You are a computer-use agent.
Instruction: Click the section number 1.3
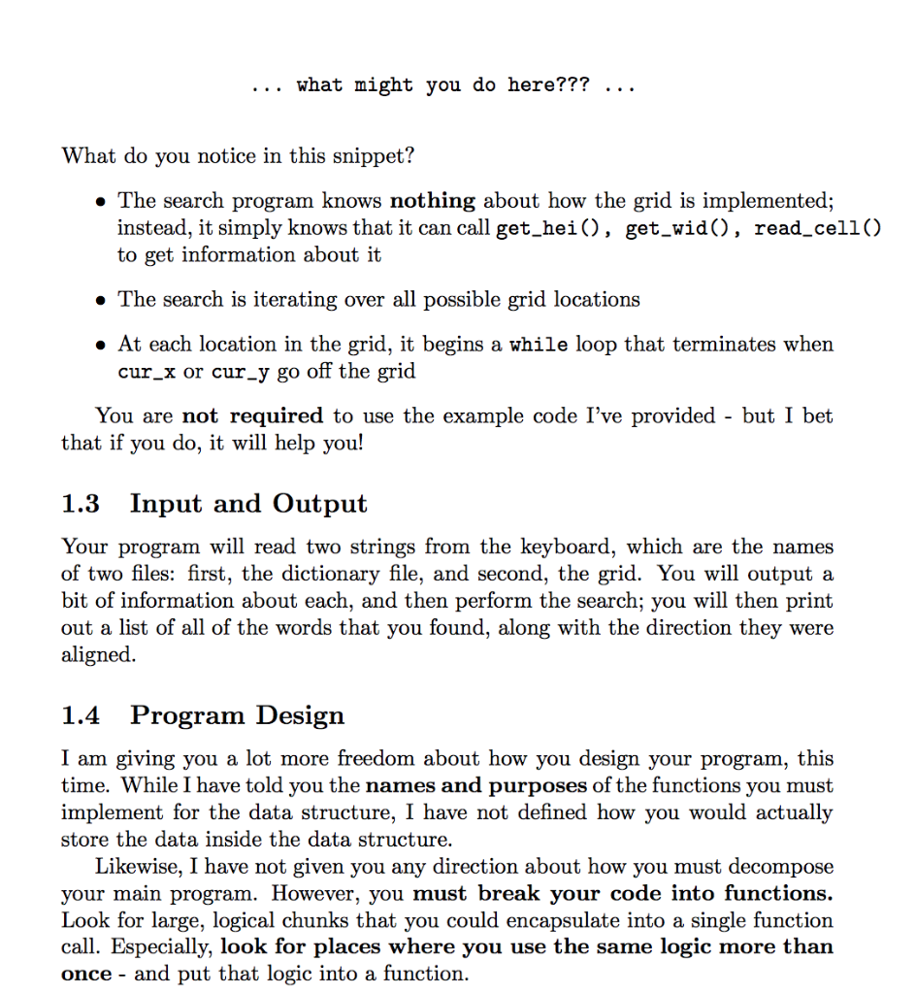pos(81,504)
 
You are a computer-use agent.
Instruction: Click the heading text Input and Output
pos(248,504)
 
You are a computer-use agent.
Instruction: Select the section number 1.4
pos(81,715)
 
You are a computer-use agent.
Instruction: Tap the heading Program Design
pos(237,715)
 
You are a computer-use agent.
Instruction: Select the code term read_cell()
pos(818,228)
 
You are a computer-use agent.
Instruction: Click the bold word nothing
pos(432,201)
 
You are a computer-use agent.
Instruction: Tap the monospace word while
pos(539,345)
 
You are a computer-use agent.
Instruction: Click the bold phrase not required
pos(252,416)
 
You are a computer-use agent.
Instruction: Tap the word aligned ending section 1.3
pos(98,655)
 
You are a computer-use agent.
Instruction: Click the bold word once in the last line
pos(85,974)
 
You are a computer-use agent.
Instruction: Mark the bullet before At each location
pos(100,345)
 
